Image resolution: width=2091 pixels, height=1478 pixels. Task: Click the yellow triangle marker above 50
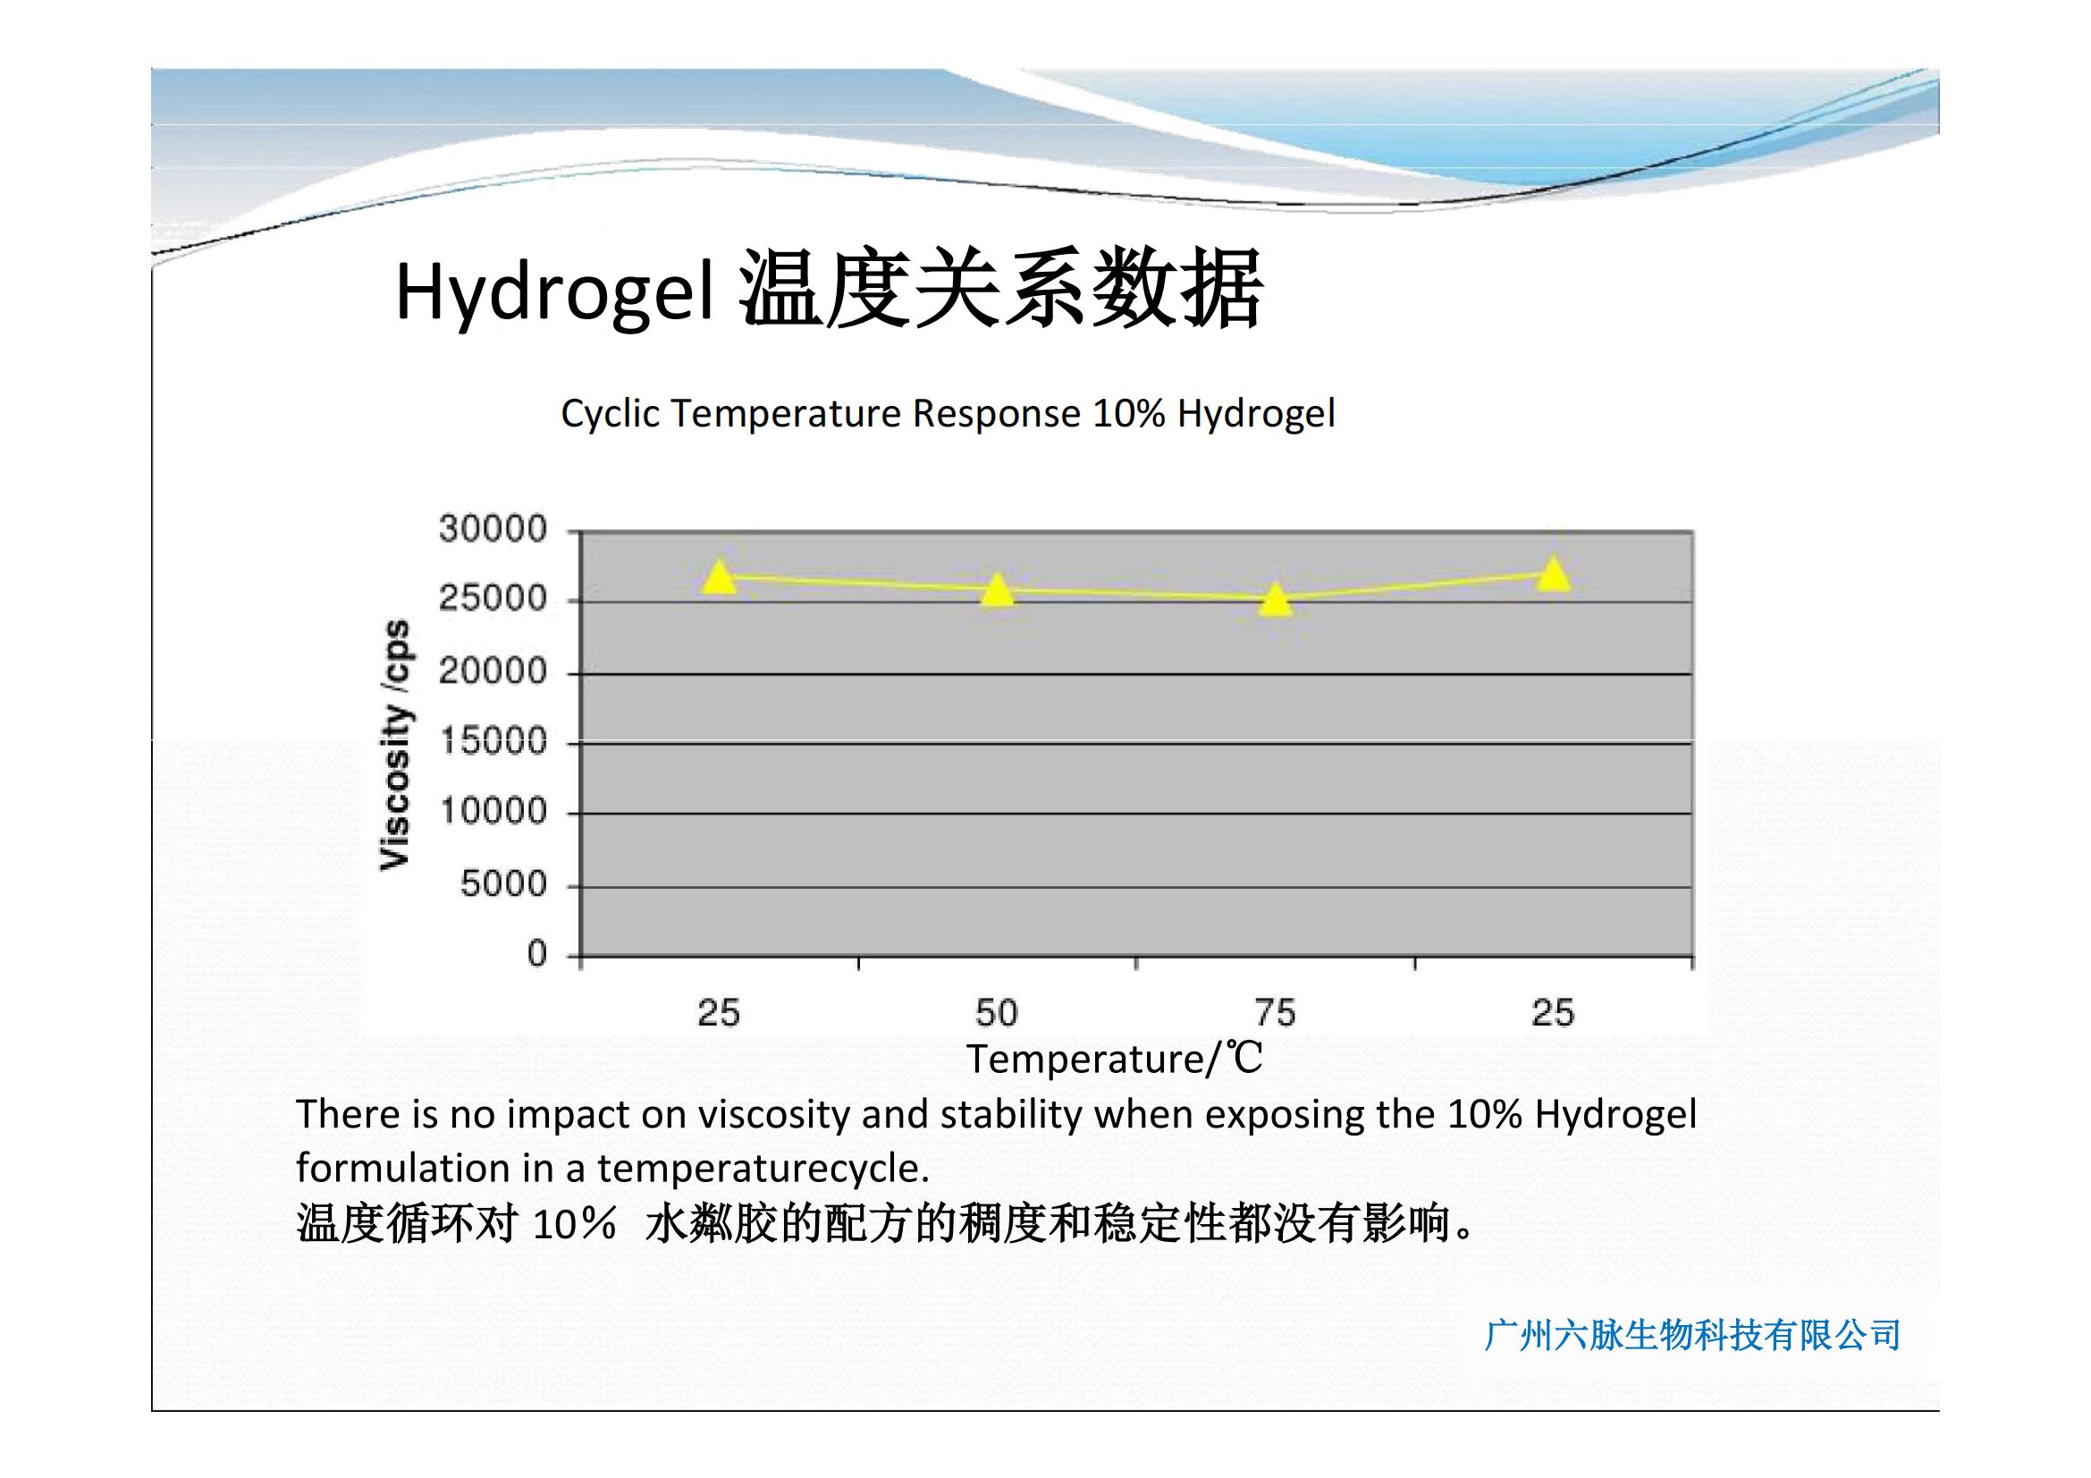[998, 589]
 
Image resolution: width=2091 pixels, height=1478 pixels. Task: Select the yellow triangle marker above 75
[1276, 599]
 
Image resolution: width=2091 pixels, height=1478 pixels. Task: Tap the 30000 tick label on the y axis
[493, 529]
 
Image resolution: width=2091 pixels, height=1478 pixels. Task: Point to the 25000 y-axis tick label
[493, 599]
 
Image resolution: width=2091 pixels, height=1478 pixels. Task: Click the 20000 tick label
[493, 672]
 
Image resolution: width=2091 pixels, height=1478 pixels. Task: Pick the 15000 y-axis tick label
[493, 742]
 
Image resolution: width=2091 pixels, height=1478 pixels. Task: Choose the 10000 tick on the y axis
[493, 811]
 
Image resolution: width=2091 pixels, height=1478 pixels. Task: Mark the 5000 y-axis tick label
[503, 884]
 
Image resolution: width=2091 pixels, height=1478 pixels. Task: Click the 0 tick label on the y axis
[537, 954]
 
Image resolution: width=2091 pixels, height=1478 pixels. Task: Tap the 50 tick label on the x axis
[996, 1013]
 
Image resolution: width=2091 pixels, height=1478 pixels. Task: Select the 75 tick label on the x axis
[1275, 1013]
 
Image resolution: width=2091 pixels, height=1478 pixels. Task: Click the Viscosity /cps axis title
[395, 745]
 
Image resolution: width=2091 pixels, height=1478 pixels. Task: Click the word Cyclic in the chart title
[611, 414]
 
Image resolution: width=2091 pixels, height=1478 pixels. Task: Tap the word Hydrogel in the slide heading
[554, 291]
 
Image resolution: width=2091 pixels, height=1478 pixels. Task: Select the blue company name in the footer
[1692, 1335]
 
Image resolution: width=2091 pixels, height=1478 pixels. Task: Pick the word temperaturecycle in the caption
[763, 1169]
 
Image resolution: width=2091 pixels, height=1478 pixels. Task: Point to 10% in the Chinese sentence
[574, 1224]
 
